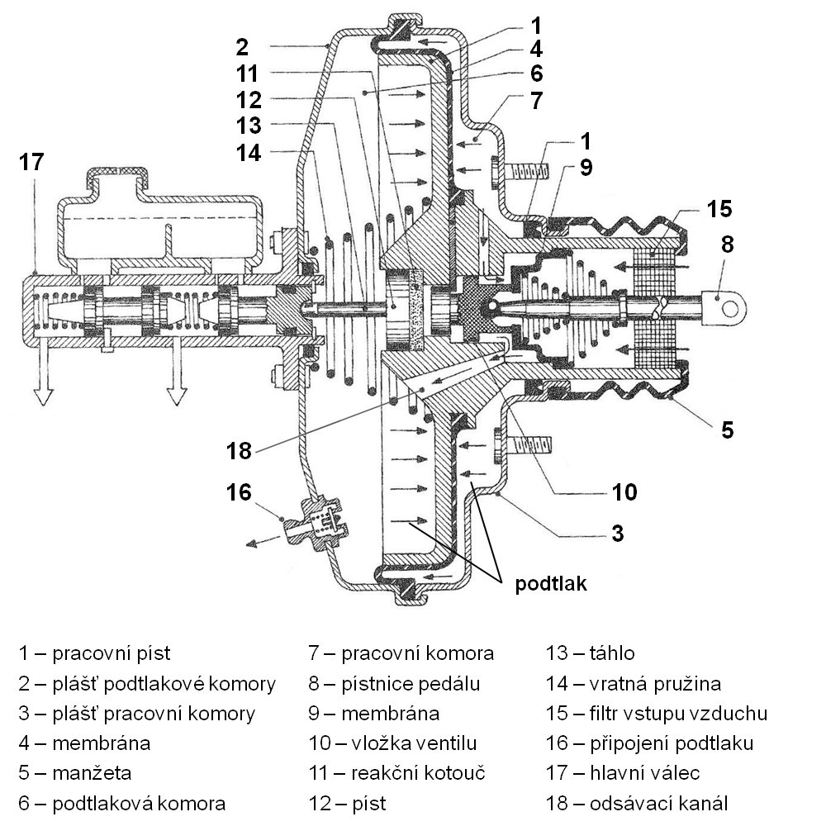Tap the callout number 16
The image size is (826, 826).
pyautogui.click(x=240, y=493)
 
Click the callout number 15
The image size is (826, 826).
pyautogui.click(x=719, y=208)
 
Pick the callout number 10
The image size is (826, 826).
pyautogui.click(x=625, y=493)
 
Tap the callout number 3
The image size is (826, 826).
pyautogui.click(x=617, y=531)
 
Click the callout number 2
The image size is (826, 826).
pyautogui.click(x=241, y=45)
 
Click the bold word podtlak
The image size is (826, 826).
pyautogui.click(x=551, y=584)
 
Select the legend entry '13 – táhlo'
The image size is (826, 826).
pyautogui.click(x=590, y=653)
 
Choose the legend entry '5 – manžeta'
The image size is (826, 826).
pyautogui.click(x=75, y=774)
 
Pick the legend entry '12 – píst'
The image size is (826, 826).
pyautogui.click(x=348, y=804)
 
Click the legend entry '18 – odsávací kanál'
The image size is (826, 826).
pyautogui.click(x=636, y=804)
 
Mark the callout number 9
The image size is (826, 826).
pyautogui.click(x=586, y=169)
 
